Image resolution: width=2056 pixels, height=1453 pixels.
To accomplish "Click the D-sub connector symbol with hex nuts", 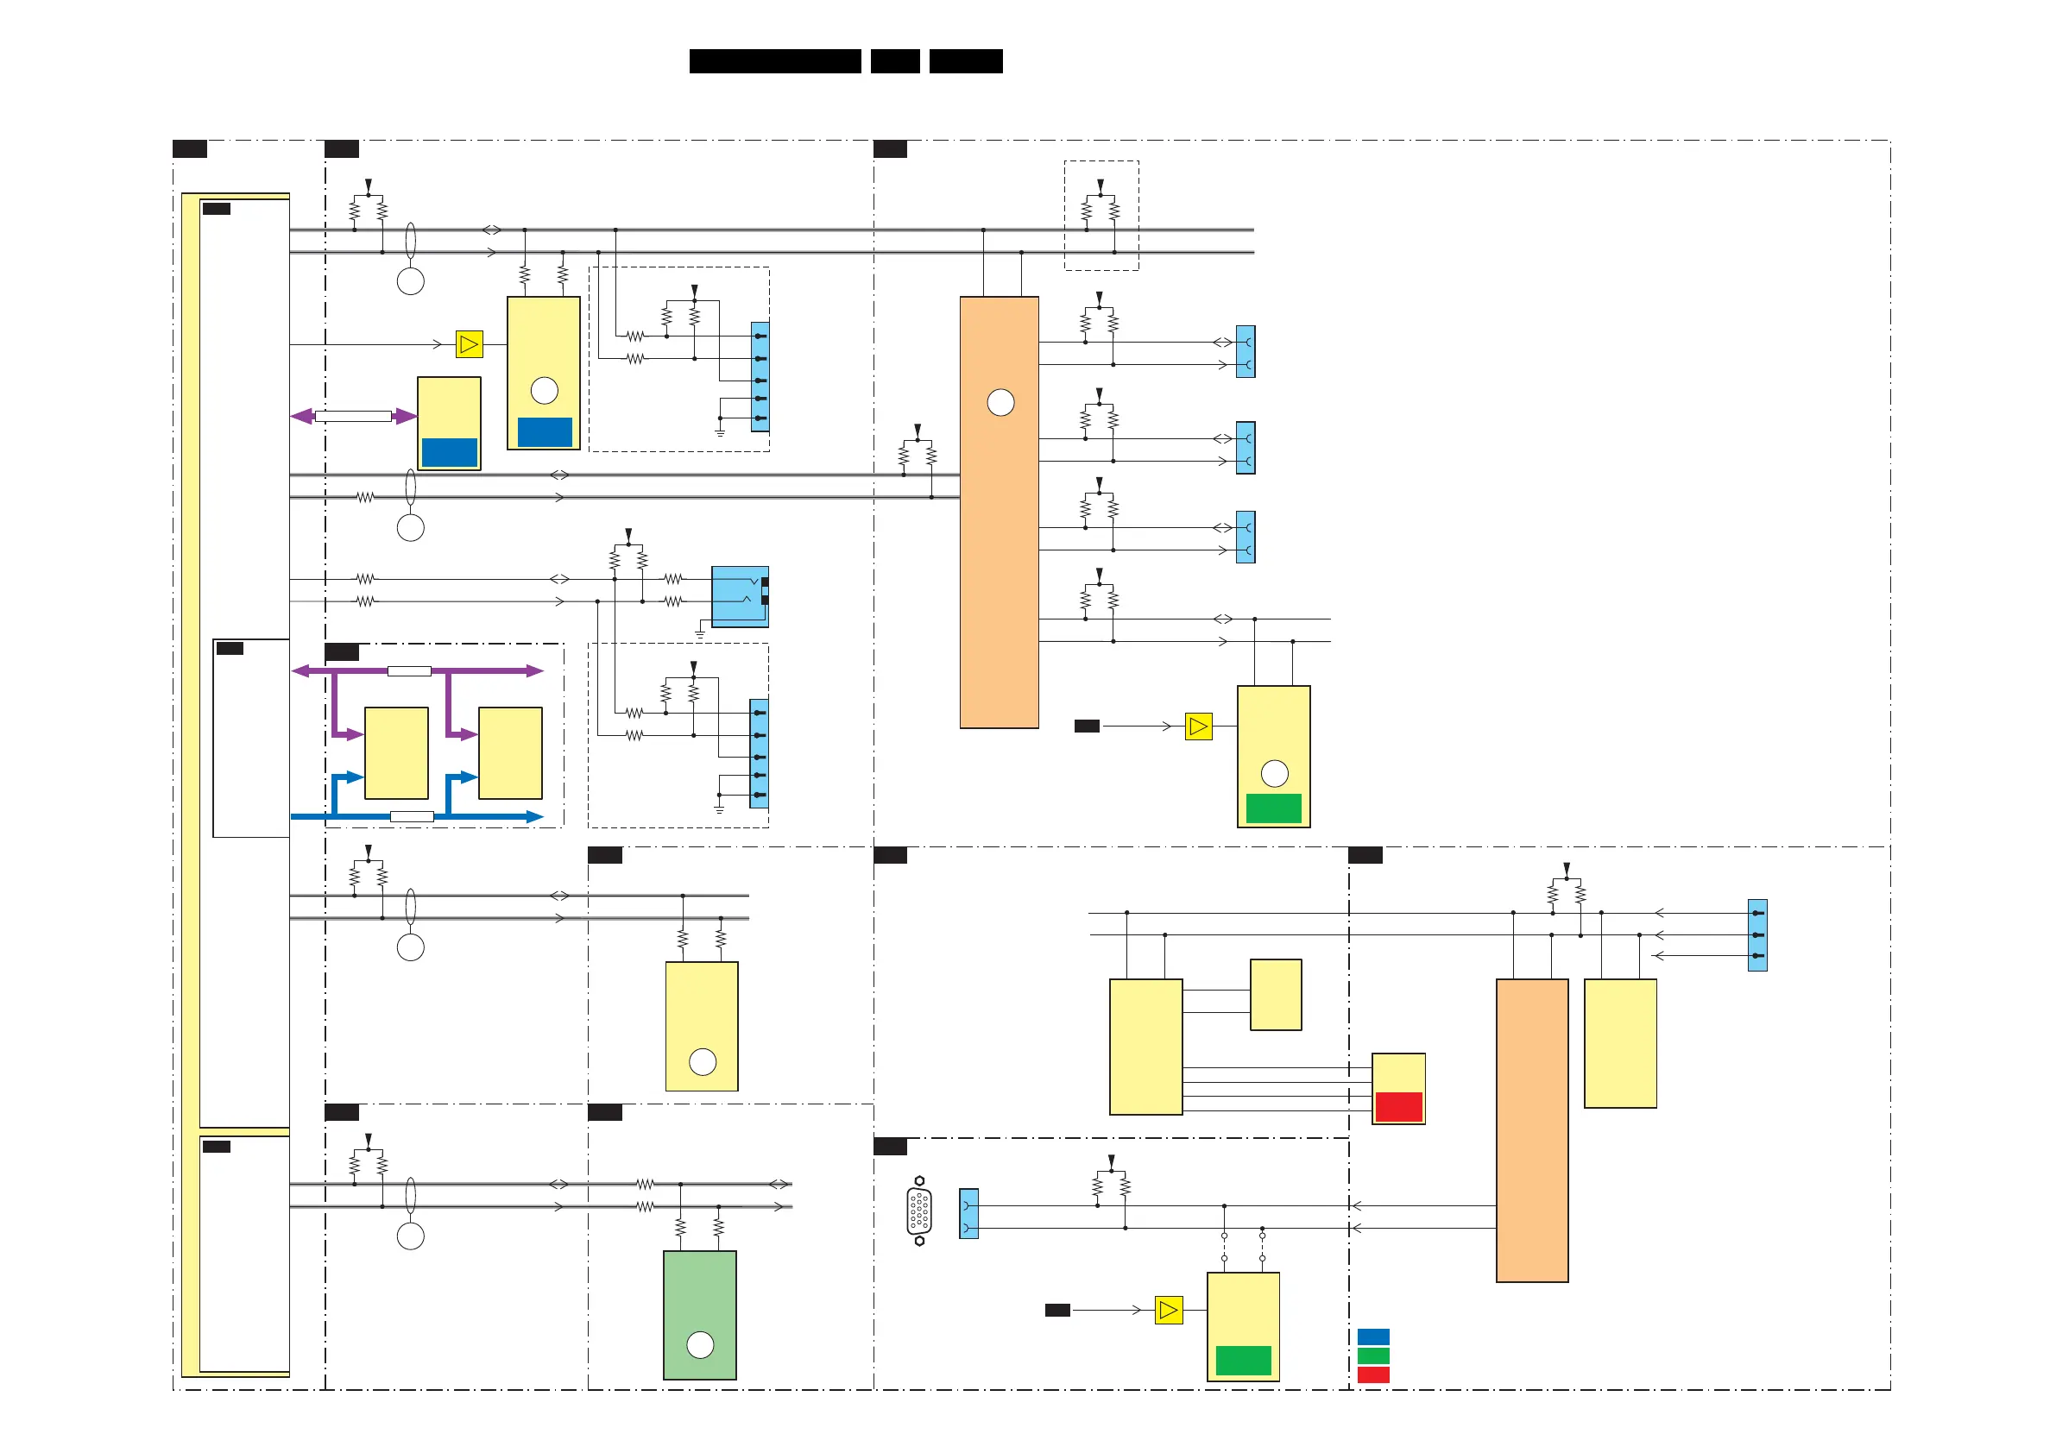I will pyautogui.click(x=918, y=1211).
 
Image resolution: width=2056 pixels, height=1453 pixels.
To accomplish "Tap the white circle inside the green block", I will pyautogui.click(x=699, y=1343).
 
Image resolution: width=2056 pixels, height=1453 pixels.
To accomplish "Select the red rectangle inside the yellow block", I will pyautogui.click(x=1397, y=1106).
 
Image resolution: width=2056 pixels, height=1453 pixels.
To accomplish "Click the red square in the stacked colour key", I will pyautogui.click(x=1372, y=1375).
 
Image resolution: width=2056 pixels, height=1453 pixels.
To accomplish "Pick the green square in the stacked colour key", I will pyautogui.click(x=1372, y=1356).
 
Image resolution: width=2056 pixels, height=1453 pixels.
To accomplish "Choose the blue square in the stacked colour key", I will pyautogui.click(x=1372, y=1337).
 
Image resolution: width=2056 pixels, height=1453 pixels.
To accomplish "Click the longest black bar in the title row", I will pyautogui.click(x=774, y=61).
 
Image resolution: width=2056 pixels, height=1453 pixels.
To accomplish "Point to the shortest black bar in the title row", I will pyautogui.click(x=894, y=61).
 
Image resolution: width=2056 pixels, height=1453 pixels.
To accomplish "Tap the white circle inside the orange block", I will pyautogui.click(x=1000, y=403).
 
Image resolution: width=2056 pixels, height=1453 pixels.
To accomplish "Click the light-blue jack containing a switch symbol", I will pyautogui.click(x=739, y=596).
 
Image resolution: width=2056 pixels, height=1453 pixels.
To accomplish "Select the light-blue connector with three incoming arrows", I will pyautogui.click(x=1756, y=934).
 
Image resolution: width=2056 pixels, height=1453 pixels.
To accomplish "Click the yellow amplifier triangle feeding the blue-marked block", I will pyautogui.click(x=470, y=343).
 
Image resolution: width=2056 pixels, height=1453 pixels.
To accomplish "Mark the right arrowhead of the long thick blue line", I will pyautogui.click(x=535, y=816).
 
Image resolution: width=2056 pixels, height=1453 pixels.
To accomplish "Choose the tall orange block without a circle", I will pyautogui.click(x=1531, y=1129).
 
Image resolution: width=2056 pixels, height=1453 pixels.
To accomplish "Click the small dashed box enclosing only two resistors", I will pyautogui.click(x=1101, y=216).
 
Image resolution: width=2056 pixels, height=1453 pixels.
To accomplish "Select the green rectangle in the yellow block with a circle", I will pyautogui.click(x=1273, y=808).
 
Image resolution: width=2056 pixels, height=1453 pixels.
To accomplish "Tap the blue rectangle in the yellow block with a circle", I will pyautogui.click(x=545, y=432).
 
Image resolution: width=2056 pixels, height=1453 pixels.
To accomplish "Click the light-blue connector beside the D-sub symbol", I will pyautogui.click(x=968, y=1213).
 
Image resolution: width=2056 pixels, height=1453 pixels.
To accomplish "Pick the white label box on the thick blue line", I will pyautogui.click(x=412, y=816).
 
